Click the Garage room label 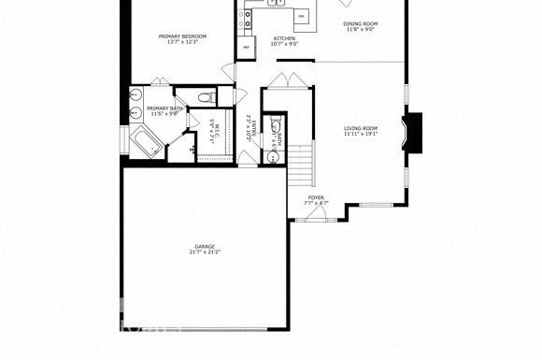point(205,246)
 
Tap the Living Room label point(360,128)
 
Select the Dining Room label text point(360,23)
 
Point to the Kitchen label point(284,38)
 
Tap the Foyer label point(316,197)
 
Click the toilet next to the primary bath point(208,97)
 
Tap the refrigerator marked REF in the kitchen point(247,46)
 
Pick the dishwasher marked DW point(301,16)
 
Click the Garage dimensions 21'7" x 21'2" point(205,252)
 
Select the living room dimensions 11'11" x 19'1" point(360,135)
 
